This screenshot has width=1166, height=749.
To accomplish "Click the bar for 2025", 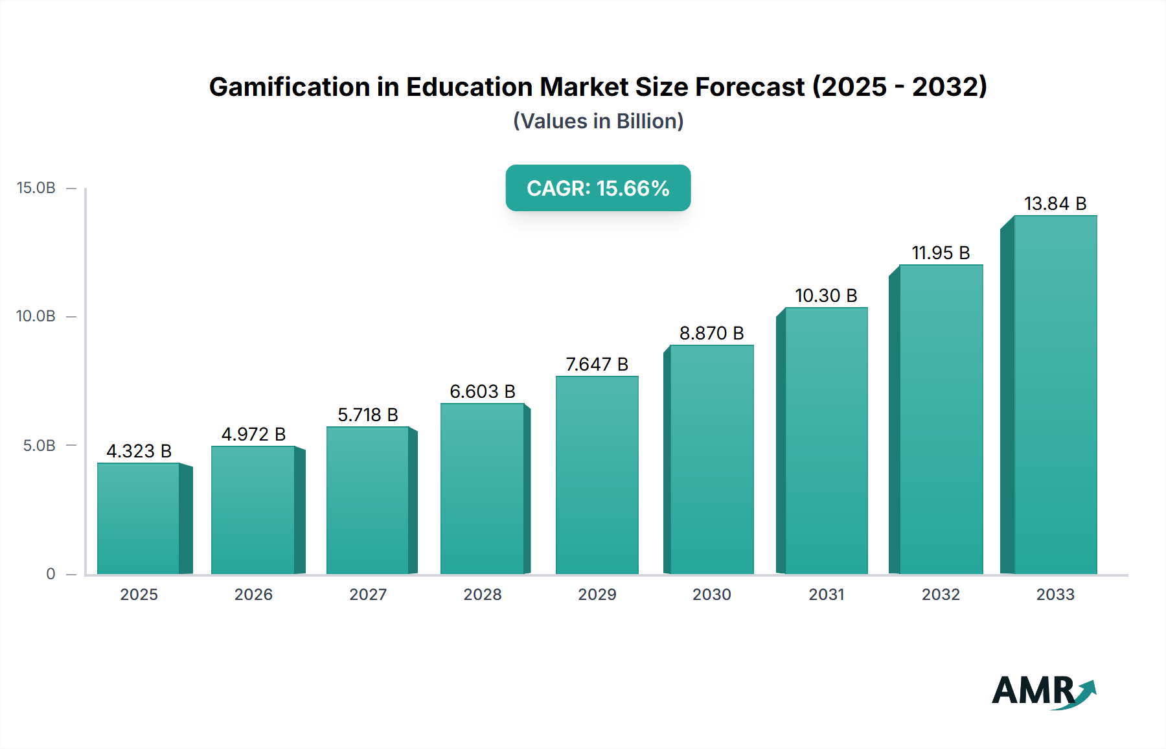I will coord(139,518).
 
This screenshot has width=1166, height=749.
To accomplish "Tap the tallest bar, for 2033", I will coord(1055,395).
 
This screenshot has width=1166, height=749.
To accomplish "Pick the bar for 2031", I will coord(826,441).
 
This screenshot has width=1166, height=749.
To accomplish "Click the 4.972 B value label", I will coord(253,434).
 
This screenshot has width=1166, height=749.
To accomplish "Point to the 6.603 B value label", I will coord(483,391).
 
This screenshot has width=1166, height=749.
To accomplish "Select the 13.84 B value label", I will coord(1055,203).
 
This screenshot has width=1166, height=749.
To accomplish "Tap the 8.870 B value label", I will coord(711,333).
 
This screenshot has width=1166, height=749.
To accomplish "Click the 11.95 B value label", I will coord(941,253).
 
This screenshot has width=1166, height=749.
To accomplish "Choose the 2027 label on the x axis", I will coord(368,594).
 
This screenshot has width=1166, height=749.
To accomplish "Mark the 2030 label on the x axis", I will coord(711,594).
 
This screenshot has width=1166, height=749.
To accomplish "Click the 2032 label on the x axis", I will coord(941,594).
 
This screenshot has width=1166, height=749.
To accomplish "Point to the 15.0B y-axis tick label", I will coord(36,188).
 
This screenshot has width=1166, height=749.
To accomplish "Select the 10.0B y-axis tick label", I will coord(36,316).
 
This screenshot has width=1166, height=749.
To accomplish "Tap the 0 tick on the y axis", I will coord(51,574).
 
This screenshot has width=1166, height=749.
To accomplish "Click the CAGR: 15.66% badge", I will coord(598,188).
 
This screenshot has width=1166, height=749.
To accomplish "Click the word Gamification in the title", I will coord(289,87).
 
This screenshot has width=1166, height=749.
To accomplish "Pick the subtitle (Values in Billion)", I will coord(598,121).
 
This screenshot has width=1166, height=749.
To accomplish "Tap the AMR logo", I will coord(1043,691).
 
